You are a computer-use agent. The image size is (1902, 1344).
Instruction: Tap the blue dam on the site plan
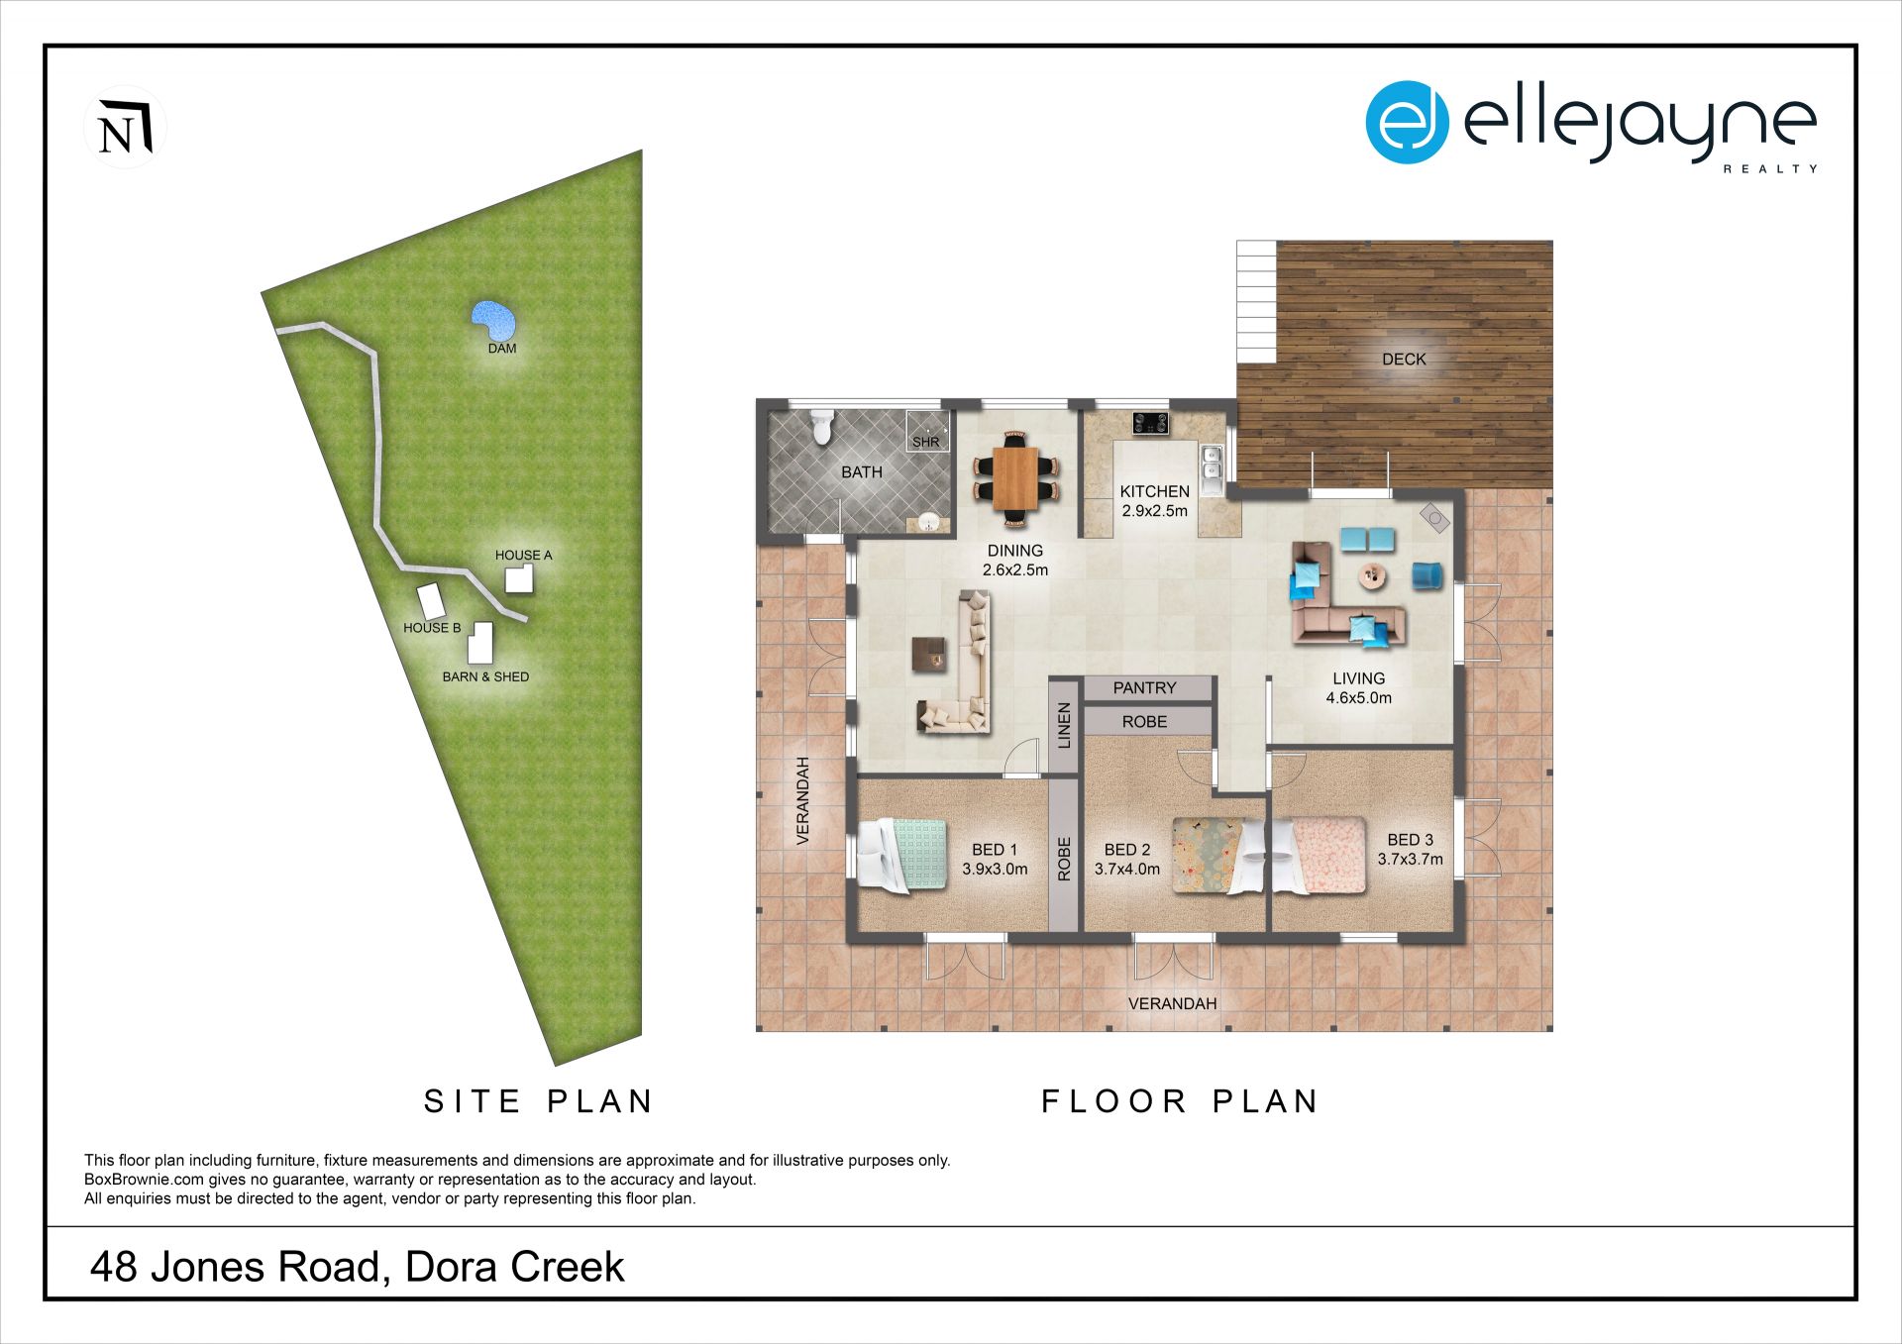(x=494, y=320)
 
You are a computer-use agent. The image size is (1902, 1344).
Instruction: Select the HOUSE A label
(x=523, y=555)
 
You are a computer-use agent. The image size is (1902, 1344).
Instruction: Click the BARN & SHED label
(x=485, y=676)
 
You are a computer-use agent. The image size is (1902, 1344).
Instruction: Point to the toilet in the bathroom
(x=821, y=427)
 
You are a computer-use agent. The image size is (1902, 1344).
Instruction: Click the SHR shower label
(x=925, y=442)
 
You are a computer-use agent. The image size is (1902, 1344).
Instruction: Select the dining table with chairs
(x=1015, y=477)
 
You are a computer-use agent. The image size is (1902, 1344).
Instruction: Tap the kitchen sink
(x=1212, y=471)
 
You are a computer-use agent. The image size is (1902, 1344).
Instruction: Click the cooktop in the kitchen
(x=1150, y=424)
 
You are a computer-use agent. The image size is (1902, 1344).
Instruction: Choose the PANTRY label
(x=1144, y=687)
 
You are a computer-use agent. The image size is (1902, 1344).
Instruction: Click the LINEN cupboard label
(x=1064, y=725)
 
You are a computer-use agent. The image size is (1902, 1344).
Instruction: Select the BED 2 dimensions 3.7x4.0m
(x=1127, y=869)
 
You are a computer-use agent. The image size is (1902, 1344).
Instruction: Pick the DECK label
(x=1404, y=360)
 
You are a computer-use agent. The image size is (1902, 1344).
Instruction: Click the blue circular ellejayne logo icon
(x=1407, y=122)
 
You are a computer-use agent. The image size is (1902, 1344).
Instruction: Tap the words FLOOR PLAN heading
(x=1180, y=1101)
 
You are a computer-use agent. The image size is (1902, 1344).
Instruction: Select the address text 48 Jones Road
(x=234, y=1267)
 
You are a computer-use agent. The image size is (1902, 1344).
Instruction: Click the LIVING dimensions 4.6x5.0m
(x=1358, y=697)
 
